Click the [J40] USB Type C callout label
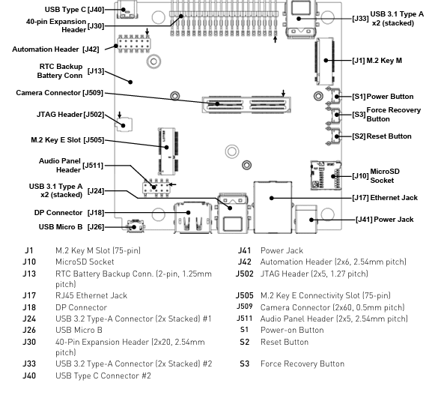[74, 10]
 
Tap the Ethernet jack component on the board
[273, 207]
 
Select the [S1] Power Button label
[383, 97]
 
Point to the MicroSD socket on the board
[326, 175]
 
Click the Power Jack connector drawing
[306, 219]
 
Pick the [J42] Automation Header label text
[55, 49]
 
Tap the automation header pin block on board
[134, 44]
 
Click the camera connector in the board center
[246, 105]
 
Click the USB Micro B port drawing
[136, 226]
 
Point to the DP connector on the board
[193, 217]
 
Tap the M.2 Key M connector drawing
[325, 61]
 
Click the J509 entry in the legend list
[244, 307]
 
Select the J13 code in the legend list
[29, 274]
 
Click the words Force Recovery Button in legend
[302, 364]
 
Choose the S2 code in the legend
[244, 342]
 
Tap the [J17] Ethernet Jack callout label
[385, 198]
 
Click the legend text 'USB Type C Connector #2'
[103, 376]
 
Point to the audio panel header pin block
[156, 187]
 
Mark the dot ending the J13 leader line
[130, 82]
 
